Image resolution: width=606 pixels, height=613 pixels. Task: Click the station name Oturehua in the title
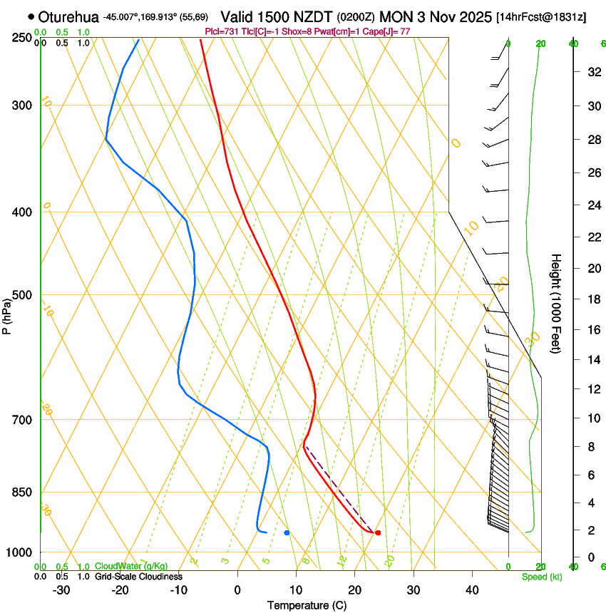pyautogui.click(x=68, y=16)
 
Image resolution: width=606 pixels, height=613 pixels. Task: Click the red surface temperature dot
pyautogui.click(x=378, y=532)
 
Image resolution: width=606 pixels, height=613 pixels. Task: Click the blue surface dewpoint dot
pyautogui.click(x=287, y=532)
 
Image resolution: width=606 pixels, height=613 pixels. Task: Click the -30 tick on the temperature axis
pyautogui.click(x=61, y=589)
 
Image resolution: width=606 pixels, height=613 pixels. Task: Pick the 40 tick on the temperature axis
pyautogui.click(x=471, y=589)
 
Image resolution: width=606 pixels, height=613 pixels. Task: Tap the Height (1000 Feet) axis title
pyautogui.click(x=556, y=304)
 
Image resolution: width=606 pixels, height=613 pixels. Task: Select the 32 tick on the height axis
pyautogui.click(x=593, y=71)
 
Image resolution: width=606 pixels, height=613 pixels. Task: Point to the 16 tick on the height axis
pyautogui.click(x=593, y=329)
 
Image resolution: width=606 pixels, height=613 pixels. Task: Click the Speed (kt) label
pyautogui.click(x=542, y=577)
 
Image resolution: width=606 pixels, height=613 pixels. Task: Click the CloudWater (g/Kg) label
pyautogui.click(x=131, y=567)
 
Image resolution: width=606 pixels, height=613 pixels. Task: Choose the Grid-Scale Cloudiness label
pyautogui.click(x=138, y=576)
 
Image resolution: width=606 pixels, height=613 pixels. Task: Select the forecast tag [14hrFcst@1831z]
pyautogui.click(x=541, y=16)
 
